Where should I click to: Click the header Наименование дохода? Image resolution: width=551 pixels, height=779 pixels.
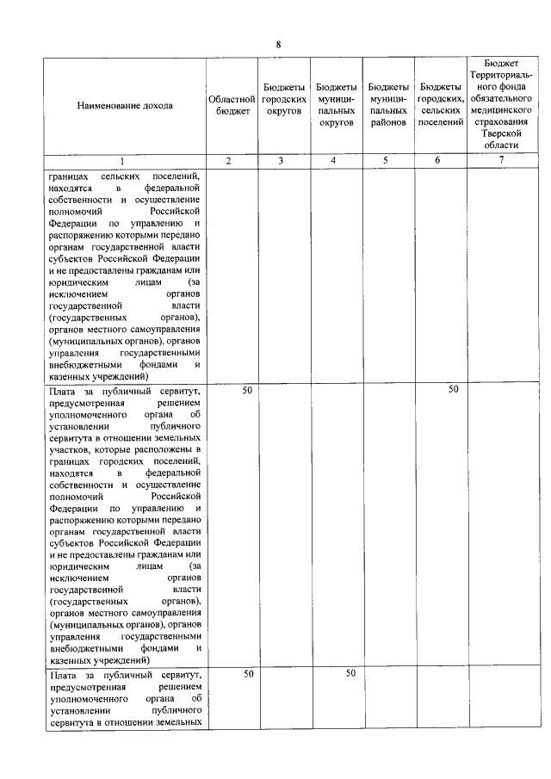[124, 106]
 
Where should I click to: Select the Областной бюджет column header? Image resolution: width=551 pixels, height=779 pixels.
[232, 105]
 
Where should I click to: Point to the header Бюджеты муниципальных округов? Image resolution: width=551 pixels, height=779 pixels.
[337, 105]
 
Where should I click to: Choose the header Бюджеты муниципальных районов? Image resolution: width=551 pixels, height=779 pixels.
[387, 105]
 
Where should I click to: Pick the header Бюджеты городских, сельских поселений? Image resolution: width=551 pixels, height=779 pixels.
[440, 105]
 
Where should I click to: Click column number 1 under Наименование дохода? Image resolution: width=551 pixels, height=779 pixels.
[121, 161]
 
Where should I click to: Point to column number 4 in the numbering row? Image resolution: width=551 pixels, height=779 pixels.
[336, 161]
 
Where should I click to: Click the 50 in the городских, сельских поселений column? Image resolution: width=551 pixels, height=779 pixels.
[453, 390]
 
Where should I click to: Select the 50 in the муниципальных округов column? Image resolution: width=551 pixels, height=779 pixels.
[350, 673]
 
